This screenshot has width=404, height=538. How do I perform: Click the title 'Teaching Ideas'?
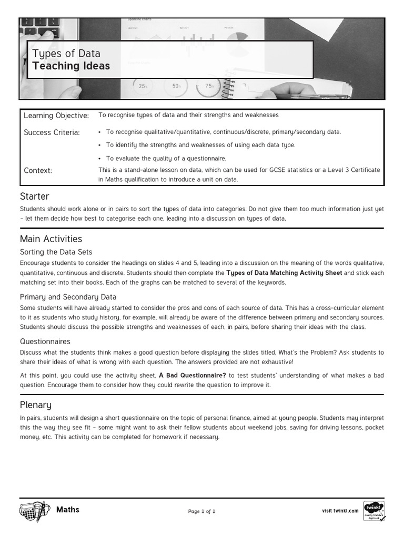click(x=71, y=66)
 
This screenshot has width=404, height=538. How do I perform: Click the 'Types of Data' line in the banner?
click(x=66, y=53)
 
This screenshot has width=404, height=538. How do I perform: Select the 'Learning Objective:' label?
click(x=56, y=116)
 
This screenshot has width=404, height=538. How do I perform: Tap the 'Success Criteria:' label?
click(x=52, y=132)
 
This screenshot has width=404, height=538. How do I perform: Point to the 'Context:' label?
click(x=38, y=170)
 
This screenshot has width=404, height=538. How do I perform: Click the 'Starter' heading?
click(x=34, y=196)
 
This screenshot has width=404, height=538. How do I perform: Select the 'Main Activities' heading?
click(x=51, y=239)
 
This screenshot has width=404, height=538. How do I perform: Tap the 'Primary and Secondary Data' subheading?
click(x=68, y=297)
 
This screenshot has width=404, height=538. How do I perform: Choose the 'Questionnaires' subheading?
click(x=45, y=342)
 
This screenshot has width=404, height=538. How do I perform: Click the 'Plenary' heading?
click(x=35, y=405)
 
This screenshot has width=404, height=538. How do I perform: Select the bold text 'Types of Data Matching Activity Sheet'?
click(x=284, y=273)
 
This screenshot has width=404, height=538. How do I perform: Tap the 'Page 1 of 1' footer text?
click(x=201, y=511)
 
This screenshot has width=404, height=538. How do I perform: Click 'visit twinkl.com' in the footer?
click(x=340, y=511)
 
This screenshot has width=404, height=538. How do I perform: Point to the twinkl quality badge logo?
click(x=373, y=511)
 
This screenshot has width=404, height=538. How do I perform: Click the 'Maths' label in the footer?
click(x=67, y=510)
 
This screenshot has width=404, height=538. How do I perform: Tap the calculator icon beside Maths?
click(x=35, y=511)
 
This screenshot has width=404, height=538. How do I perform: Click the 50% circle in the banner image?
click(x=176, y=86)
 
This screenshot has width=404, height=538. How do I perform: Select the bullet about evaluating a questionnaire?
click(x=166, y=158)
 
